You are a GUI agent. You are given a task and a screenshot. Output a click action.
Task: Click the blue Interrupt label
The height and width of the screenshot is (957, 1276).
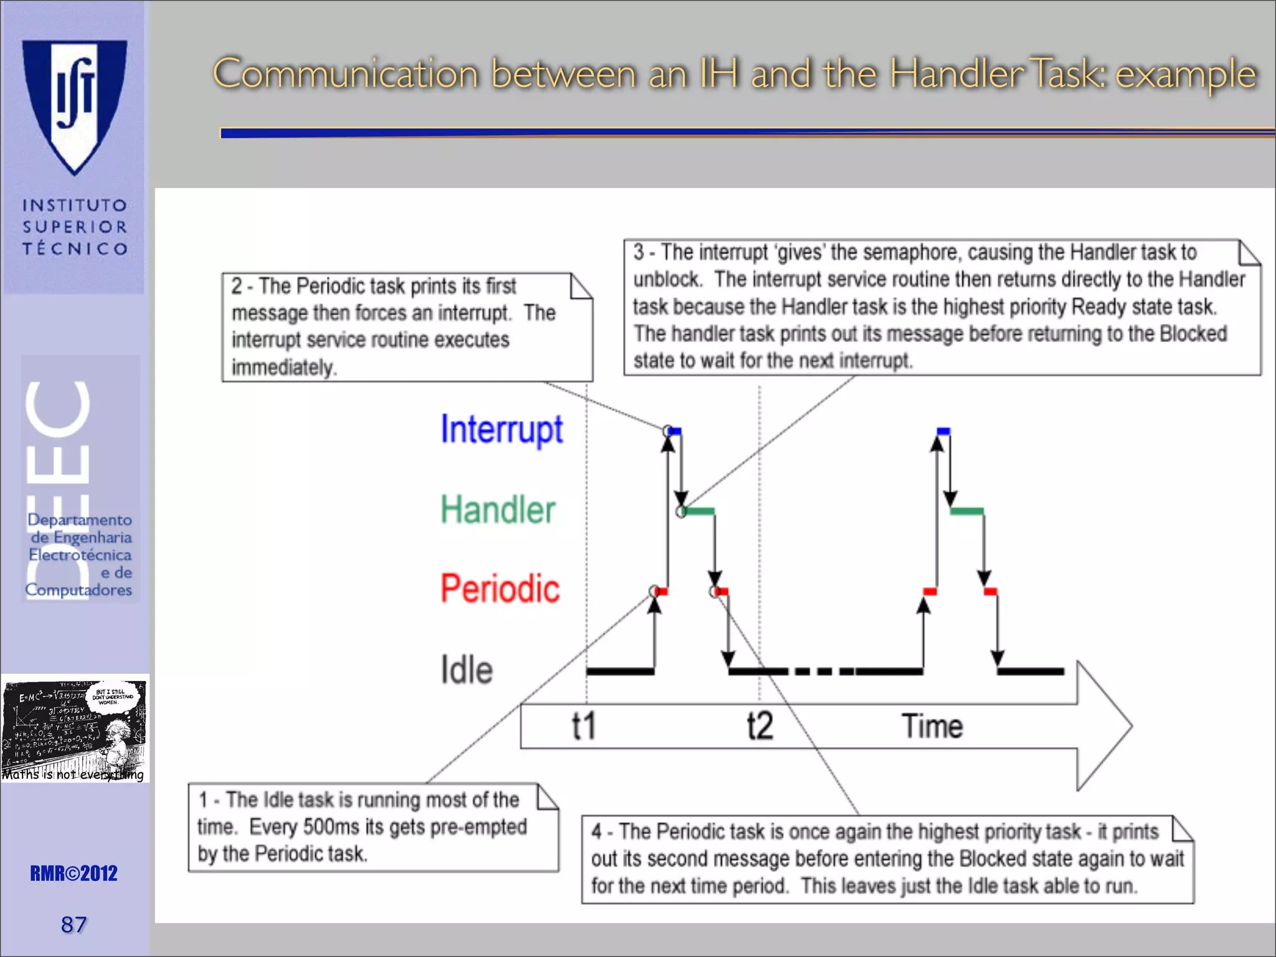pyautogui.click(x=502, y=429)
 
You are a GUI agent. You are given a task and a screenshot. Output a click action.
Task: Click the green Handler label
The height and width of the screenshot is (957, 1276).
pyautogui.click(x=498, y=510)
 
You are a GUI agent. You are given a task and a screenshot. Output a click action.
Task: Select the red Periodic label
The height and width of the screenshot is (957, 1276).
pyautogui.click(x=500, y=589)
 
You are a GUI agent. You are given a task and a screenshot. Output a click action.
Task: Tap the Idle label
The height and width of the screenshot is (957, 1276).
pyautogui.click(x=467, y=670)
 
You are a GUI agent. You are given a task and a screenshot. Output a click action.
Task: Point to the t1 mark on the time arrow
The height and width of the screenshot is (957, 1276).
pyautogui.click(x=584, y=726)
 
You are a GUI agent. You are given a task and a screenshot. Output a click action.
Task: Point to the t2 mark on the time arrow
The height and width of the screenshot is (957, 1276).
pyautogui.click(x=760, y=726)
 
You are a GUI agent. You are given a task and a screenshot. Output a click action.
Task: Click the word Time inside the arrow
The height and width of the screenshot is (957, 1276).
pyautogui.click(x=932, y=726)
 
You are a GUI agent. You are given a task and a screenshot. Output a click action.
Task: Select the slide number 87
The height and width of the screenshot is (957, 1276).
pyautogui.click(x=74, y=925)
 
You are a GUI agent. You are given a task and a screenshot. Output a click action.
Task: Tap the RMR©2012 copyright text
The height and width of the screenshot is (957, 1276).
pyautogui.click(x=74, y=874)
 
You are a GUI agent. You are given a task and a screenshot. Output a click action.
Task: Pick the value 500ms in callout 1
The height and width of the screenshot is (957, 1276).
pyautogui.click(x=331, y=827)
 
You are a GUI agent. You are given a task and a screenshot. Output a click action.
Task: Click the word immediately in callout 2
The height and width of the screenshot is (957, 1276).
pyautogui.click(x=284, y=367)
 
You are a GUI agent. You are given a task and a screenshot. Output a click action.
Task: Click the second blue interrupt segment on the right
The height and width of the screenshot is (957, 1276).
pyautogui.click(x=943, y=431)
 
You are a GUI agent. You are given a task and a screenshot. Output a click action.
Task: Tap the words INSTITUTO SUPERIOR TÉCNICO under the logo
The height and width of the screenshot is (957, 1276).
pyautogui.click(x=75, y=227)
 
